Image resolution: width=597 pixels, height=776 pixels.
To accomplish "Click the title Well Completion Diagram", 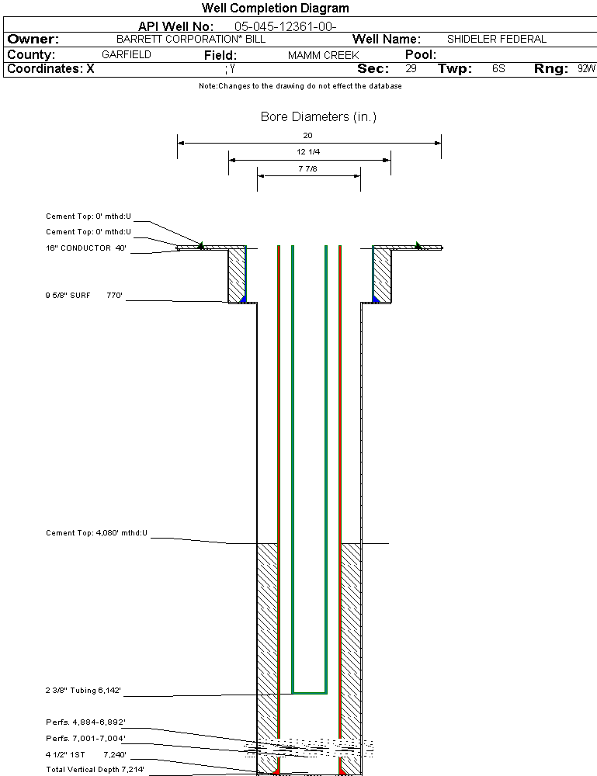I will point(275,9).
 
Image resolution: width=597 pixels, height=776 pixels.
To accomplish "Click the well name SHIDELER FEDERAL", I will point(497,39).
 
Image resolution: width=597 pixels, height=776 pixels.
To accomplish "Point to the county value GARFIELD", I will point(127,55).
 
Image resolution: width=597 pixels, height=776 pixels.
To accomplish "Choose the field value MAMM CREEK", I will point(323,56).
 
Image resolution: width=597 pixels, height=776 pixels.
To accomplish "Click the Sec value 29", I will point(411,69).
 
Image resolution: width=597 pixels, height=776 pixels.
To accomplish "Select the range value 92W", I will point(586,69).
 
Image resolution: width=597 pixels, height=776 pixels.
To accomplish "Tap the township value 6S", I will point(498,69).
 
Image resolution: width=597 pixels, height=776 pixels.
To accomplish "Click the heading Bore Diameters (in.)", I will point(318,117).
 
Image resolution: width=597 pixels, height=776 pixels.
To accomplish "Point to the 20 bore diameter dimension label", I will point(307,136).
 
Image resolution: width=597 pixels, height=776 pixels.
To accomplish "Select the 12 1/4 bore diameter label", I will point(308,152).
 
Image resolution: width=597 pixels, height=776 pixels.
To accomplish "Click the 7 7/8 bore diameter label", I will point(308,168).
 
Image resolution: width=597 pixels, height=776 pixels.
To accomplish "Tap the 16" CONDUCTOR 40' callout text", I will point(85,248).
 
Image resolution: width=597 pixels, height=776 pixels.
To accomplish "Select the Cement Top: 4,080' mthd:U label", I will point(96,533).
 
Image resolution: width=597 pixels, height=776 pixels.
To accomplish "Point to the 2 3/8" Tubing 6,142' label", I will point(84,690).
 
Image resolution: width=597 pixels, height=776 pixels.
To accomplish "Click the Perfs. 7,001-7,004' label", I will point(85,738).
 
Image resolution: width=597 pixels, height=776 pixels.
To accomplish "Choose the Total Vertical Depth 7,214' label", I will point(95,769).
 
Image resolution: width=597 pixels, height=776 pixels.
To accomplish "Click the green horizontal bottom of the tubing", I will point(309,691).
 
